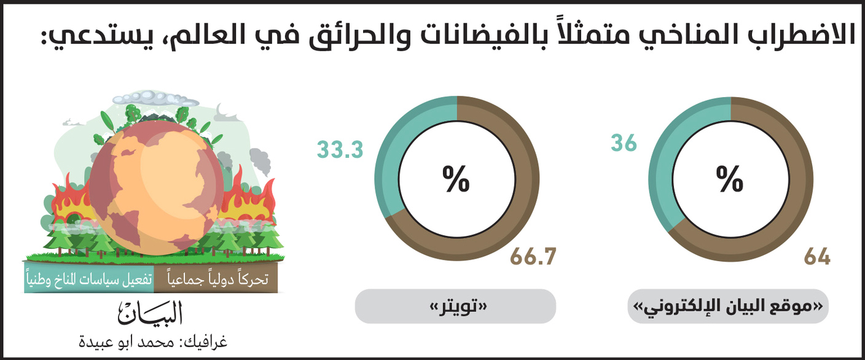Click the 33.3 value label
coord(340,150)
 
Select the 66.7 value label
coord(533,256)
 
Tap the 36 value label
coord(624,143)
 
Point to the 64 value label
coord(817,256)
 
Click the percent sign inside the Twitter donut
coord(456,179)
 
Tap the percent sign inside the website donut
coord(730,179)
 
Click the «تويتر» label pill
coord(455,307)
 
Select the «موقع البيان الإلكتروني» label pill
coord(728,307)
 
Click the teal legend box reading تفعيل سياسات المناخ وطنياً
coord(89,280)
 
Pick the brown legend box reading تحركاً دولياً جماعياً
coord(216,280)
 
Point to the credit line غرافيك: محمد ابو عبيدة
coord(154,342)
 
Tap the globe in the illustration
coord(157,190)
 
